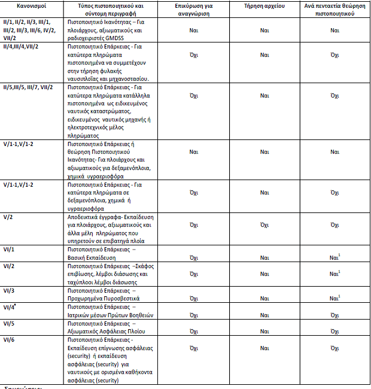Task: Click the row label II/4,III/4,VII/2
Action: (x=28, y=45)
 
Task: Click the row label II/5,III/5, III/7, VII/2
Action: (x=32, y=87)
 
